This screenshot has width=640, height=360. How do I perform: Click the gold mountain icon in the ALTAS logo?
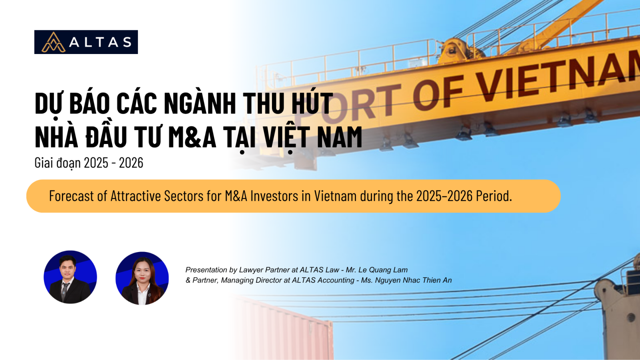pyautogui.click(x=54, y=42)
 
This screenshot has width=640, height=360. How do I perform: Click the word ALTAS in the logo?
pyautogui.click(x=100, y=42)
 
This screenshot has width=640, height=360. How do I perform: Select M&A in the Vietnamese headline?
pyautogui.click(x=192, y=137)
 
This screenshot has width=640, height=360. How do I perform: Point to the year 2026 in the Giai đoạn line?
pyautogui.click(x=131, y=163)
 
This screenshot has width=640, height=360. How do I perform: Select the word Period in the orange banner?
pyautogui.click(x=494, y=196)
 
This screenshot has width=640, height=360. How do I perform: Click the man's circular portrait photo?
pyautogui.click(x=70, y=277)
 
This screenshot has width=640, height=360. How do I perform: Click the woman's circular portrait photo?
pyautogui.click(x=142, y=278)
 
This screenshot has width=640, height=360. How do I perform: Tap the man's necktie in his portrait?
pyautogui.click(x=64, y=291)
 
